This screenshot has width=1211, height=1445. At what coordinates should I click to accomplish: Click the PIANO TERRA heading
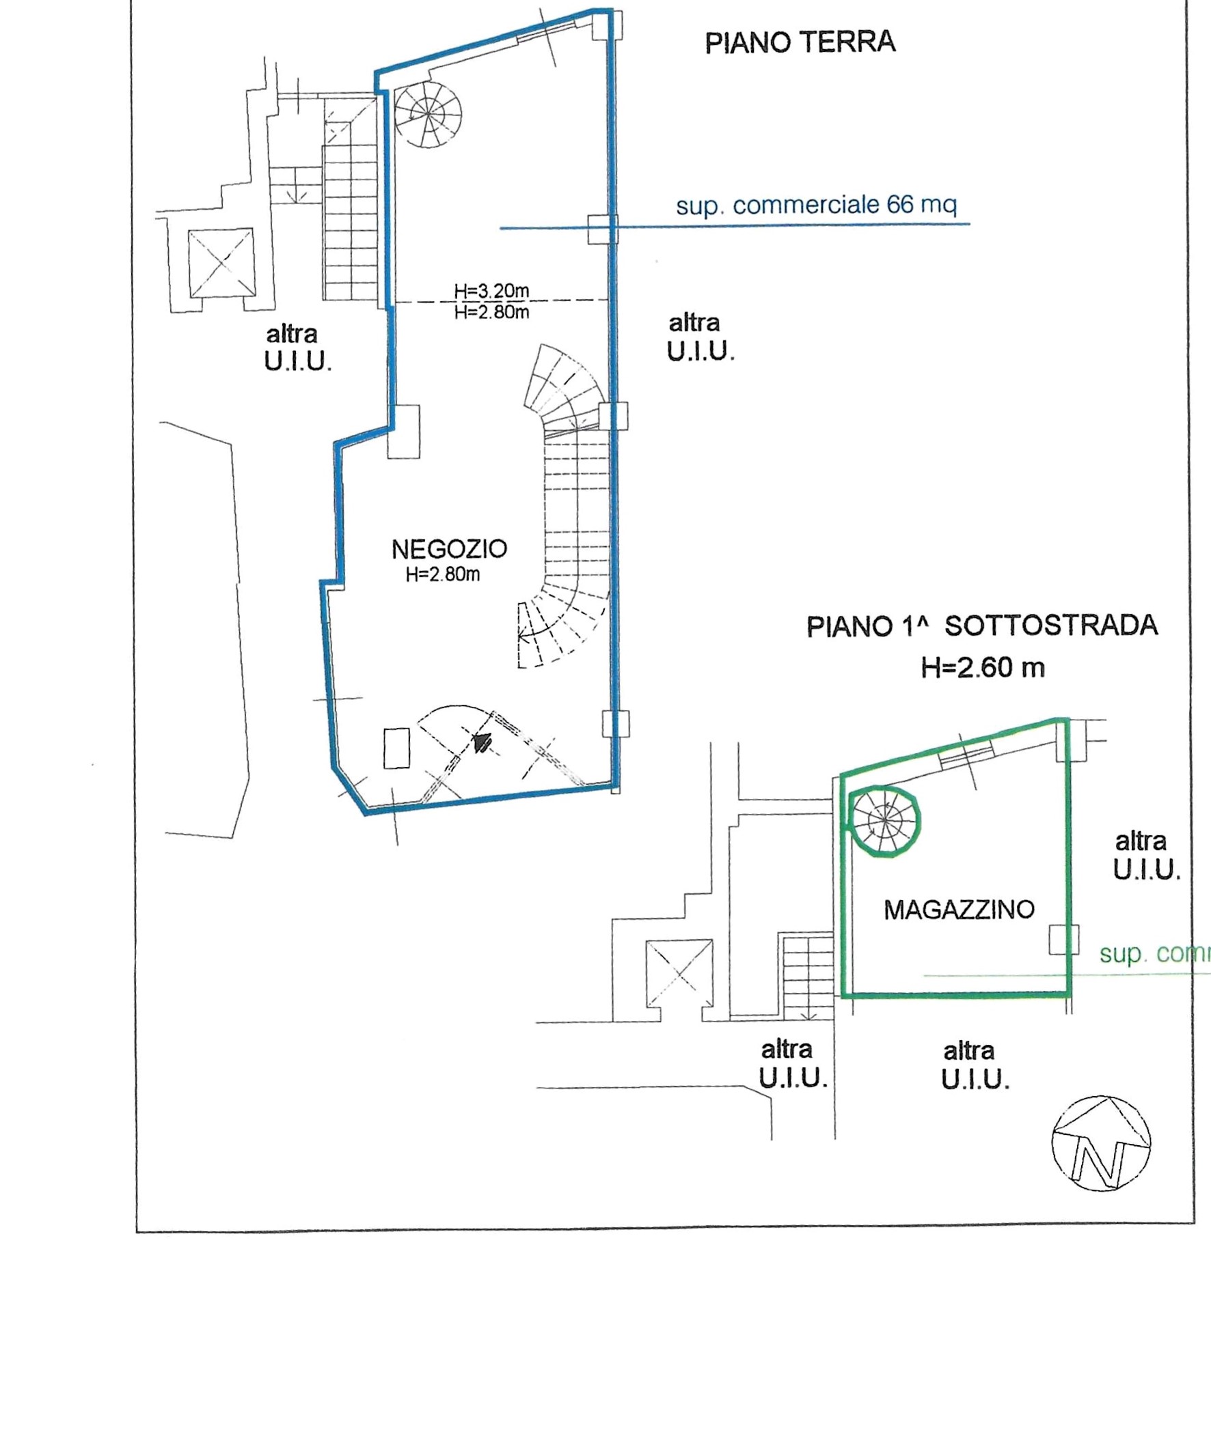tap(800, 42)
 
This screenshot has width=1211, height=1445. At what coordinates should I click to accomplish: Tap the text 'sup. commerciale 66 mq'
tap(816, 205)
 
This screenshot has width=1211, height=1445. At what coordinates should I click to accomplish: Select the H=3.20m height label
tap(491, 291)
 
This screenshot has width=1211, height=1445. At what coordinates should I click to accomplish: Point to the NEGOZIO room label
tap(449, 549)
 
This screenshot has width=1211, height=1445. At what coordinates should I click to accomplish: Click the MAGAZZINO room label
tap(958, 910)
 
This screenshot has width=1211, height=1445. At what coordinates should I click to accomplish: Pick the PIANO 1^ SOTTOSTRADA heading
tap(982, 626)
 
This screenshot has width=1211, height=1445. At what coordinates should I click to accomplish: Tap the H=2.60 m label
tap(983, 667)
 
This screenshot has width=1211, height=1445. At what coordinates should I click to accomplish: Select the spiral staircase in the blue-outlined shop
tap(428, 115)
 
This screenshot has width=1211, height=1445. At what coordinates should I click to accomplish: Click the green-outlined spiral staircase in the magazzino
tap(883, 822)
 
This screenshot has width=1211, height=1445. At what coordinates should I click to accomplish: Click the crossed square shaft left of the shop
tap(221, 262)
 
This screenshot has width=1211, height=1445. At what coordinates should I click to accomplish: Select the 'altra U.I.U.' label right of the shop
tap(700, 337)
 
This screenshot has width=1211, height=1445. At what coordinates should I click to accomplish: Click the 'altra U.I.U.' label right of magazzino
tap(1146, 856)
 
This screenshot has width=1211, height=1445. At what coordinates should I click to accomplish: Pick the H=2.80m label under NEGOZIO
tap(443, 574)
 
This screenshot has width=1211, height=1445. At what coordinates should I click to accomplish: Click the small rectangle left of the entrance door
tap(396, 747)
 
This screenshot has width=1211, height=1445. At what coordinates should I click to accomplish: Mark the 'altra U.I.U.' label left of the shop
tap(297, 348)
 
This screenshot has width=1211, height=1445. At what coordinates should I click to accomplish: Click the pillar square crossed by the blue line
tap(601, 229)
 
